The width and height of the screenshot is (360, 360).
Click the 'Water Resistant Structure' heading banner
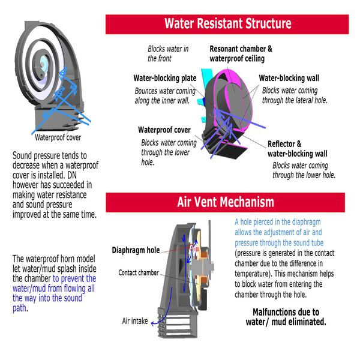pos(227,25)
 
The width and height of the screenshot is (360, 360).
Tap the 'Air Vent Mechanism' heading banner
pos(225,203)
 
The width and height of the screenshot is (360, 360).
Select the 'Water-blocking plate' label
pos(165,78)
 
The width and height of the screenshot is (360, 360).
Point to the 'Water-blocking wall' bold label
pos(289,78)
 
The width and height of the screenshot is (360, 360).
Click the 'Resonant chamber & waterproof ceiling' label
pos(241,53)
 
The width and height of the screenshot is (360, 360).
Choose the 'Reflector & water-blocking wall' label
pos(298,149)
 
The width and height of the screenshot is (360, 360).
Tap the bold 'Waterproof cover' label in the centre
pos(164,130)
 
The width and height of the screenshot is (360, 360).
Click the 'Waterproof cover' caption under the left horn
pos(58,137)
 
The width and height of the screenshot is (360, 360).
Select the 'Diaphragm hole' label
pos(136,250)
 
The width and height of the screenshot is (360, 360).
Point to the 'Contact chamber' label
pos(139,272)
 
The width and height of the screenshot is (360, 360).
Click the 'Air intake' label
pos(135,321)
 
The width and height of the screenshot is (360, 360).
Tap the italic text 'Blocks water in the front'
pos(168,53)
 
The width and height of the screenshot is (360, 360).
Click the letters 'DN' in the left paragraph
pos(72,175)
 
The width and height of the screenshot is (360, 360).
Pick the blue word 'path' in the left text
pos(19,308)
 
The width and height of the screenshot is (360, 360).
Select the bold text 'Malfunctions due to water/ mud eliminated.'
pos(286,317)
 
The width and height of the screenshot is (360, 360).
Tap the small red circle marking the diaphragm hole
pos(191,247)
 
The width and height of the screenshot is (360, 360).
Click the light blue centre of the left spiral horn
pos(43,63)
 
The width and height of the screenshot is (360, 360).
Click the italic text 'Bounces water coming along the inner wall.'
pos(165,96)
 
